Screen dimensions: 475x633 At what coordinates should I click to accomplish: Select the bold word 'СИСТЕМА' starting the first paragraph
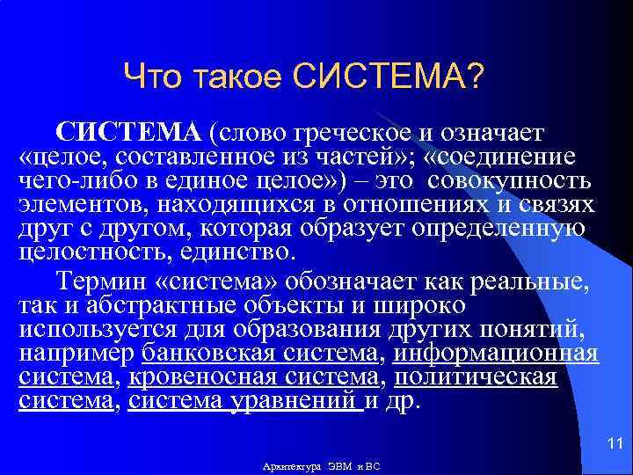click(129, 132)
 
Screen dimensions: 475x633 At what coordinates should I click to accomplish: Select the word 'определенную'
click(505, 229)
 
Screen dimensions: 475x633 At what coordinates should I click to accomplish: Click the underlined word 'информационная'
click(496, 354)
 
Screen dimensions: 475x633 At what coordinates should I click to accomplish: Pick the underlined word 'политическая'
click(476, 377)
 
